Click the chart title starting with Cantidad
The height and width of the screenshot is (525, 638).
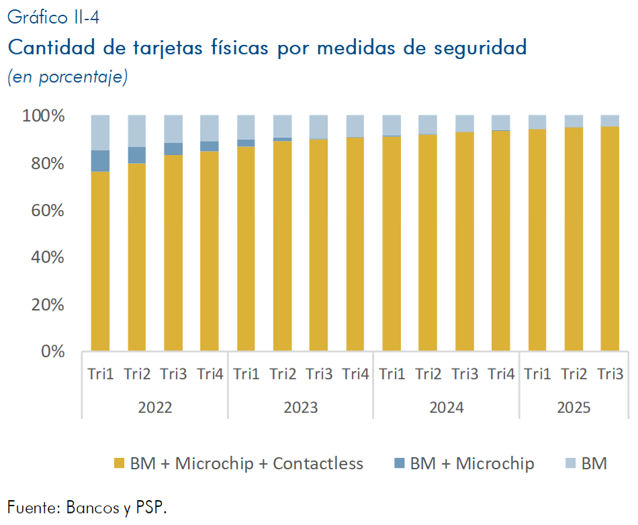click(267, 48)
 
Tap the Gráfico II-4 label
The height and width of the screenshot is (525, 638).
click(53, 17)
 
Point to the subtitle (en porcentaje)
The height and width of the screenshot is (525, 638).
click(67, 77)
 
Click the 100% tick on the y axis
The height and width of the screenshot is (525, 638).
click(44, 116)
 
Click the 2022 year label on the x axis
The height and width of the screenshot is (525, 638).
click(154, 408)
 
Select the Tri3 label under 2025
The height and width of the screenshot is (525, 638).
click(610, 374)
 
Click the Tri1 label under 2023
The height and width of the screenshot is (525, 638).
click(246, 374)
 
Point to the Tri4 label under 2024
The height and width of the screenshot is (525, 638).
click(501, 374)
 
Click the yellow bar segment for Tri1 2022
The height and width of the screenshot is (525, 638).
click(100, 262)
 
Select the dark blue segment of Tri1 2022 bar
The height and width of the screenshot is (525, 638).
click(100, 161)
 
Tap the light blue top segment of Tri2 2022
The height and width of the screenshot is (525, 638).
click(136, 131)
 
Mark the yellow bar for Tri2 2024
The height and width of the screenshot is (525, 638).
click(428, 242)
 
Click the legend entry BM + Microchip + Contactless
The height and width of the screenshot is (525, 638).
click(246, 463)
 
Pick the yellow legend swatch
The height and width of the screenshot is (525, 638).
click(120, 463)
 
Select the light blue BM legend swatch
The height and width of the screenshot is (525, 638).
click(571, 463)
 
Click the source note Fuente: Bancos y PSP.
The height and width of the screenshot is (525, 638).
click(87, 507)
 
